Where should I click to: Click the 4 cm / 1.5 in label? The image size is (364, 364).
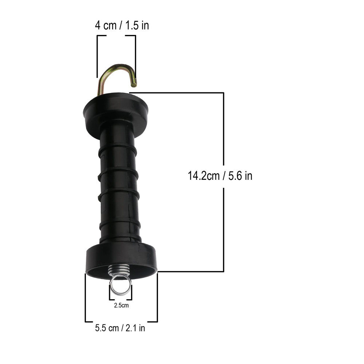tap(122, 26)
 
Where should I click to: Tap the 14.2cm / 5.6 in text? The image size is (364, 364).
tap(220, 176)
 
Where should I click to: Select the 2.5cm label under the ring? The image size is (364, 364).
tap(121, 305)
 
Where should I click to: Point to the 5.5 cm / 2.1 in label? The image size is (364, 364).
tap(120, 328)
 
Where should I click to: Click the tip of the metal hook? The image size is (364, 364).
tap(134, 84)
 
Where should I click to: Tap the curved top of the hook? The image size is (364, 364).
tap(119, 67)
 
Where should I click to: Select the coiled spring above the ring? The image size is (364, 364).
tap(119, 271)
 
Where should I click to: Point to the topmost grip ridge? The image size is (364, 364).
tap(118, 147)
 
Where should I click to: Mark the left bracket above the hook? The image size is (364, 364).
tap(98, 55)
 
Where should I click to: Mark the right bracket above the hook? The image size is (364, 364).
tap(135, 55)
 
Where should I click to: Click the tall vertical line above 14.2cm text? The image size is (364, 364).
tap(223, 127)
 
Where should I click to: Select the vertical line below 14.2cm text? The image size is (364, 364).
tap(223, 229)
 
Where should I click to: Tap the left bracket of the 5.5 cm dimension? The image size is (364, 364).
tap(86, 298)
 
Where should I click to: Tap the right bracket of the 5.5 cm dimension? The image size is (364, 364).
tap(157, 298)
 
